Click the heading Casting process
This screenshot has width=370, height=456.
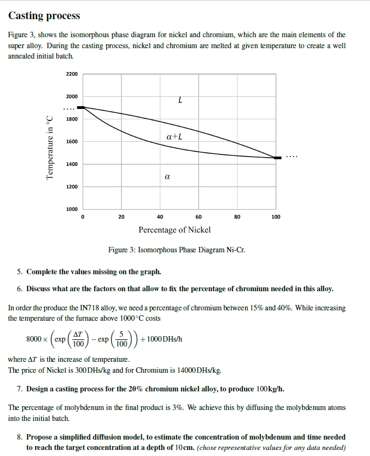[44, 16]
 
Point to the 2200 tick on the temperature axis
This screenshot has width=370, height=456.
[72, 74]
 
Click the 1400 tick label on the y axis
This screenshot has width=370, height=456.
[72, 164]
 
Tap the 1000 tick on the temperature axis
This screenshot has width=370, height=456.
[72, 209]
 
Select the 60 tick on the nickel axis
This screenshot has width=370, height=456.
[198, 217]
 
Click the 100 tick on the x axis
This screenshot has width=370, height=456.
[276, 217]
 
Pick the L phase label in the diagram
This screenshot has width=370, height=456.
[180, 100]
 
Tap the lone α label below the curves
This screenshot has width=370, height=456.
[167, 177]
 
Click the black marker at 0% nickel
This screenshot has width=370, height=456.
[81, 108]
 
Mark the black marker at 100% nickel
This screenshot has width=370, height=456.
[277, 158]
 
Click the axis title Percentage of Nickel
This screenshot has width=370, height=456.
[175, 230]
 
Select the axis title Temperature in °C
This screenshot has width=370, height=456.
[50, 147]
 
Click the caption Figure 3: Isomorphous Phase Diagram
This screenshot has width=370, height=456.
[177, 250]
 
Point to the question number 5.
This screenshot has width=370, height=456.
[19, 272]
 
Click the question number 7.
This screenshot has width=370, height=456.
[19, 389]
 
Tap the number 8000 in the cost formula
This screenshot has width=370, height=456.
[34, 339]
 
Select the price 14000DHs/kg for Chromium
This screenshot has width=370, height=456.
[199, 371]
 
